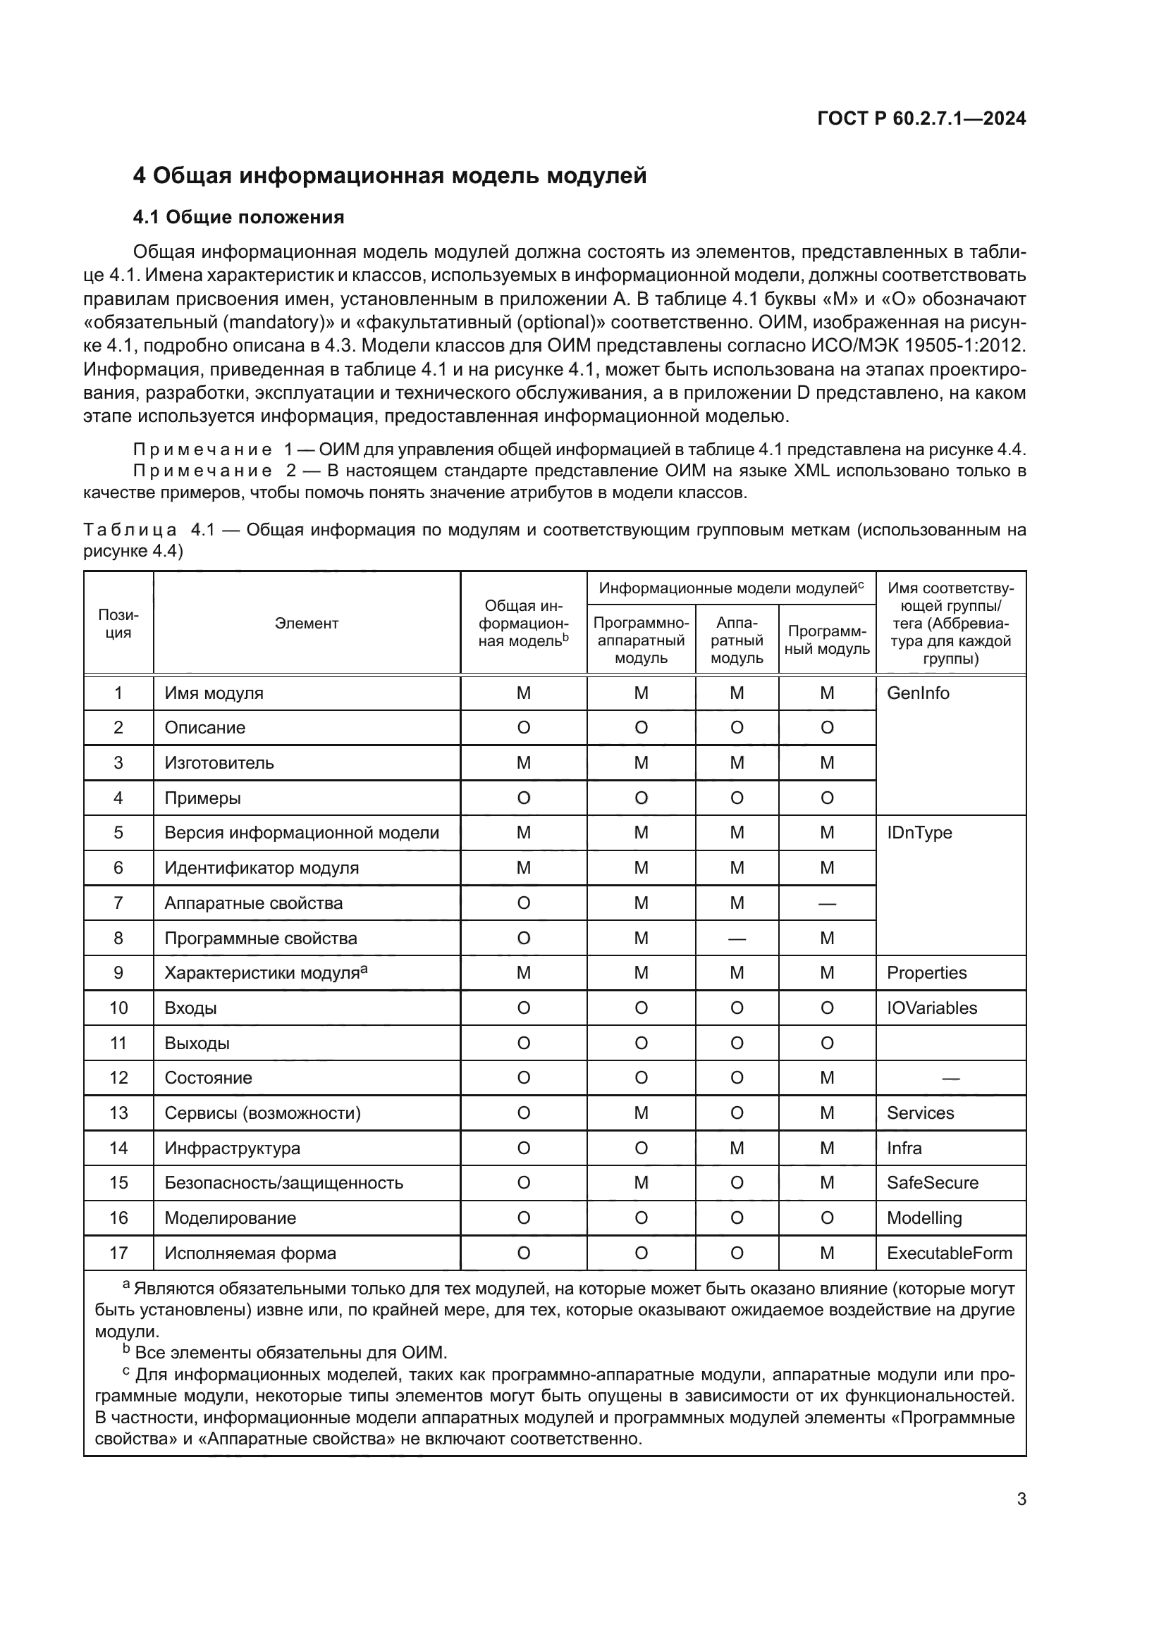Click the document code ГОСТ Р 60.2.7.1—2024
pos(921,118)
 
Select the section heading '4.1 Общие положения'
pos(238,217)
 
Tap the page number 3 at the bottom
pos(1021,1499)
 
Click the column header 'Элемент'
pos(307,623)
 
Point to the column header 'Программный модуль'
pos(828,640)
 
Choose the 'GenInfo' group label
pos(918,693)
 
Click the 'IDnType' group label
pos(919,833)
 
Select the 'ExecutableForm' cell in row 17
pos(949,1253)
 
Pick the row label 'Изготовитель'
pos(219,762)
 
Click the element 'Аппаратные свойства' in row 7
pos(254,903)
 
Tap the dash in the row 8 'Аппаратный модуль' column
pos(737,938)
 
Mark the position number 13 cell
pos(118,1113)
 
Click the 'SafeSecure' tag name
pos(932,1183)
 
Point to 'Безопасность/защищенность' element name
pos(283,1183)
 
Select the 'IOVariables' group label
pos(931,1008)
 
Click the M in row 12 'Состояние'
pos(827,1078)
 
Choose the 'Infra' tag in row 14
pos(904,1148)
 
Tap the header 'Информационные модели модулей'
pos(731,588)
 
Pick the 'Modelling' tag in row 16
pos(924,1218)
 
